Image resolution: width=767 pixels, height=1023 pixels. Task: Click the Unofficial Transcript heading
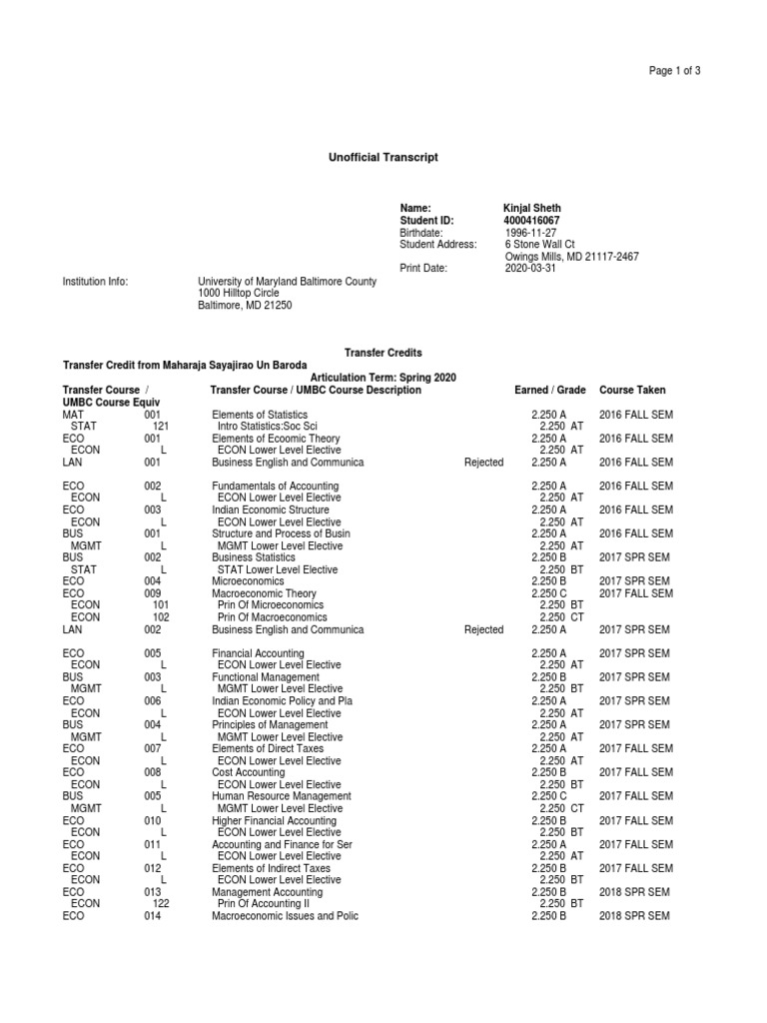coord(383,158)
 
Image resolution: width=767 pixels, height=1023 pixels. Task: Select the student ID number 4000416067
coord(531,220)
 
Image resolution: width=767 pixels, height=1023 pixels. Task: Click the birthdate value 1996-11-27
coord(530,232)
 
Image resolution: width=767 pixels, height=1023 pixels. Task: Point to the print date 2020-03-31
coord(530,268)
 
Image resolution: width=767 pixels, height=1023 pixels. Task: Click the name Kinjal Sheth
coord(532,208)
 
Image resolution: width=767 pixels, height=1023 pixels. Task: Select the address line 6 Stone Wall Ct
coord(540,244)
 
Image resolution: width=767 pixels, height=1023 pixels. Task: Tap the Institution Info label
coord(96,282)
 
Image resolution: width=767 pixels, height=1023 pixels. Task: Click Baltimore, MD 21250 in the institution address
coord(246,306)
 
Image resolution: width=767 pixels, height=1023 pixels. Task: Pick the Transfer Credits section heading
coord(383,353)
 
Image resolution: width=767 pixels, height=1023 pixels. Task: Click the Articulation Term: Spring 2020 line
coord(383,377)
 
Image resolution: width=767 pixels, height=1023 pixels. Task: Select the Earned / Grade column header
coord(549,390)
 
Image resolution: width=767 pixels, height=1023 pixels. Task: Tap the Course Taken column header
coord(632,390)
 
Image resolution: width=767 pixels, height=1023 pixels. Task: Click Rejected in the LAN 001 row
coord(484,463)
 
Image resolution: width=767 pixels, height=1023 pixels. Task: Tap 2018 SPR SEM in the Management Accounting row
coord(634,891)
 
